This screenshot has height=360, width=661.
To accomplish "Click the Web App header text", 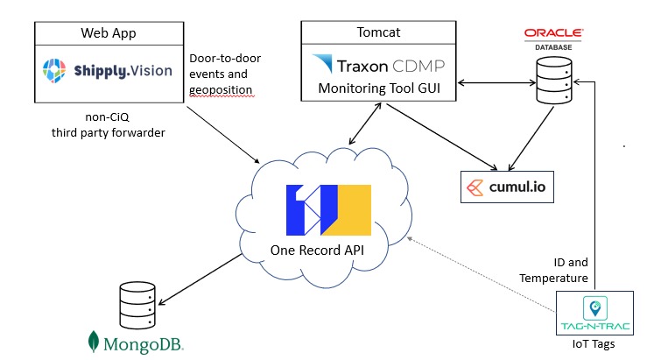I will click(x=109, y=34).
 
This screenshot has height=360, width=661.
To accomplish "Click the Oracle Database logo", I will click(x=553, y=36).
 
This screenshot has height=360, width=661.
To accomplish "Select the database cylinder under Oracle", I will click(x=558, y=80).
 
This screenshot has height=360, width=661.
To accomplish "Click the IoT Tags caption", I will click(x=594, y=345).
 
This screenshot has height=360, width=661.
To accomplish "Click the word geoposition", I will click(x=222, y=89).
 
